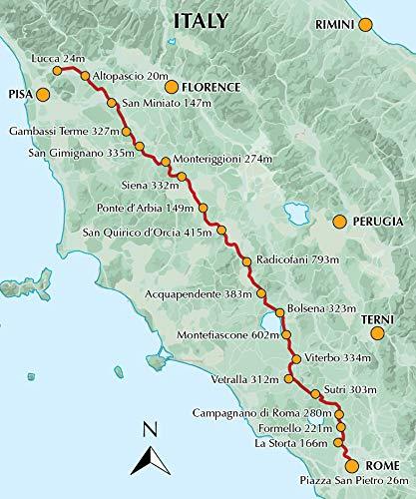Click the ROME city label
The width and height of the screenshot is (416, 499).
pyautogui.click(x=380, y=466)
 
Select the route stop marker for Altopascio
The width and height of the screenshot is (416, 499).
pyautogui.click(x=85, y=76)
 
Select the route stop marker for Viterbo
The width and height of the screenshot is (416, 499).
pyautogui.click(x=295, y=358)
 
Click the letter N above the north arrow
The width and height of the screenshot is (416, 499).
pyautogui.click(x=147, y=431)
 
